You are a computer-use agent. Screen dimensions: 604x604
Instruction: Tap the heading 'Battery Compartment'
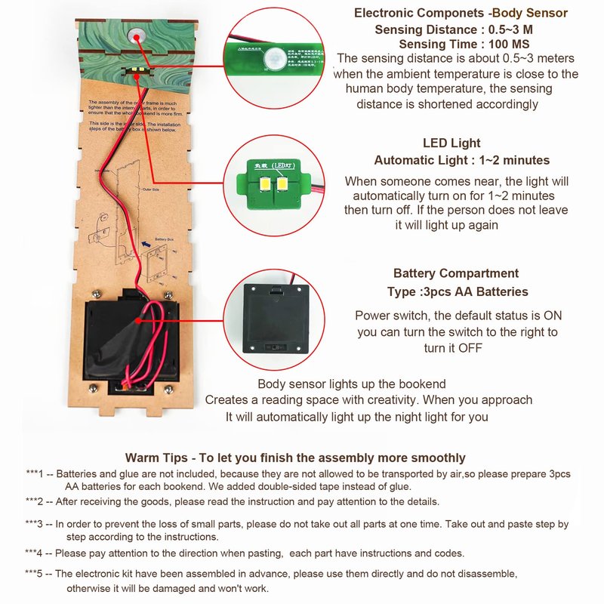tap(456, 273)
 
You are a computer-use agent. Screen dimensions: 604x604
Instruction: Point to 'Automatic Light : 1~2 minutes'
tap(462, 160)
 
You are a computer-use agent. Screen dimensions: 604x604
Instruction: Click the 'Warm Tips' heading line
tap(295, 458)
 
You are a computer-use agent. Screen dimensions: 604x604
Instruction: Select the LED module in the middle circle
tap(273, 180)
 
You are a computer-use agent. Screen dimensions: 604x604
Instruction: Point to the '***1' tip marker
tap(35, 474)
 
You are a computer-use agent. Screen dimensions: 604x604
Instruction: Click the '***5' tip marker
tap(35, 575)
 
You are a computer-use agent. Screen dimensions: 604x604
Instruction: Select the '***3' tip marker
tap(35, 524)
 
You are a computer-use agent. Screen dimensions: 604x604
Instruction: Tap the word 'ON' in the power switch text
tap(553, 316)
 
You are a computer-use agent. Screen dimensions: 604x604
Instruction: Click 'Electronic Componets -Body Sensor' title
tap(461, 13)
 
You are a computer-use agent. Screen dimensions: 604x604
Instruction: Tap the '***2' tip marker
tap(35, 501)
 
